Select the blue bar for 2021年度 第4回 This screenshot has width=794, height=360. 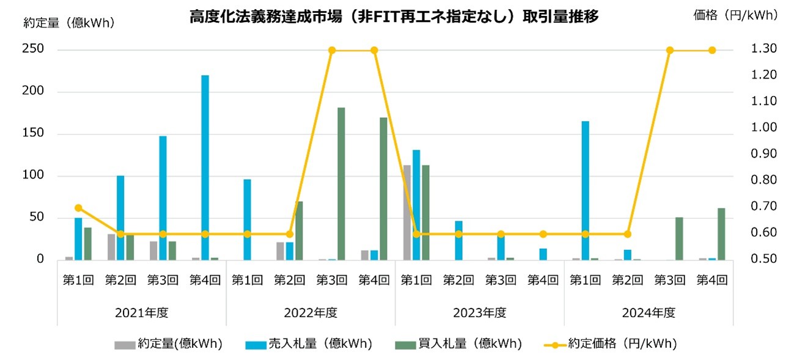205,167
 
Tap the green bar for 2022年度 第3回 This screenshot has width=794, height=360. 341,183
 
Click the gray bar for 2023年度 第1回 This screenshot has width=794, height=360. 406,212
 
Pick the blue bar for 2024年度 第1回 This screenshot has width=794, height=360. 585,190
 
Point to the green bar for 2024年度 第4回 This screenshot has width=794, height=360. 721,233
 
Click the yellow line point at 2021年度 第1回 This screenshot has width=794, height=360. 78,208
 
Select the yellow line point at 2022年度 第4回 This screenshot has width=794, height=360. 374,50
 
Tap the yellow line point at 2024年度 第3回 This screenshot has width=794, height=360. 670,50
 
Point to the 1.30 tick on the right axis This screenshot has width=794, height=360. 763,50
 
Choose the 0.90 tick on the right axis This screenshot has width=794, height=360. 763,155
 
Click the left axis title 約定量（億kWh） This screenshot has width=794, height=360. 68,23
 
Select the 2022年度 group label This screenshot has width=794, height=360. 311,313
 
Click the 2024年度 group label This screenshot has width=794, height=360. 649,313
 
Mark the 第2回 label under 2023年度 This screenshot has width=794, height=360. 458,281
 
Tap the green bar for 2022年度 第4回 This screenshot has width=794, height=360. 383,188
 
